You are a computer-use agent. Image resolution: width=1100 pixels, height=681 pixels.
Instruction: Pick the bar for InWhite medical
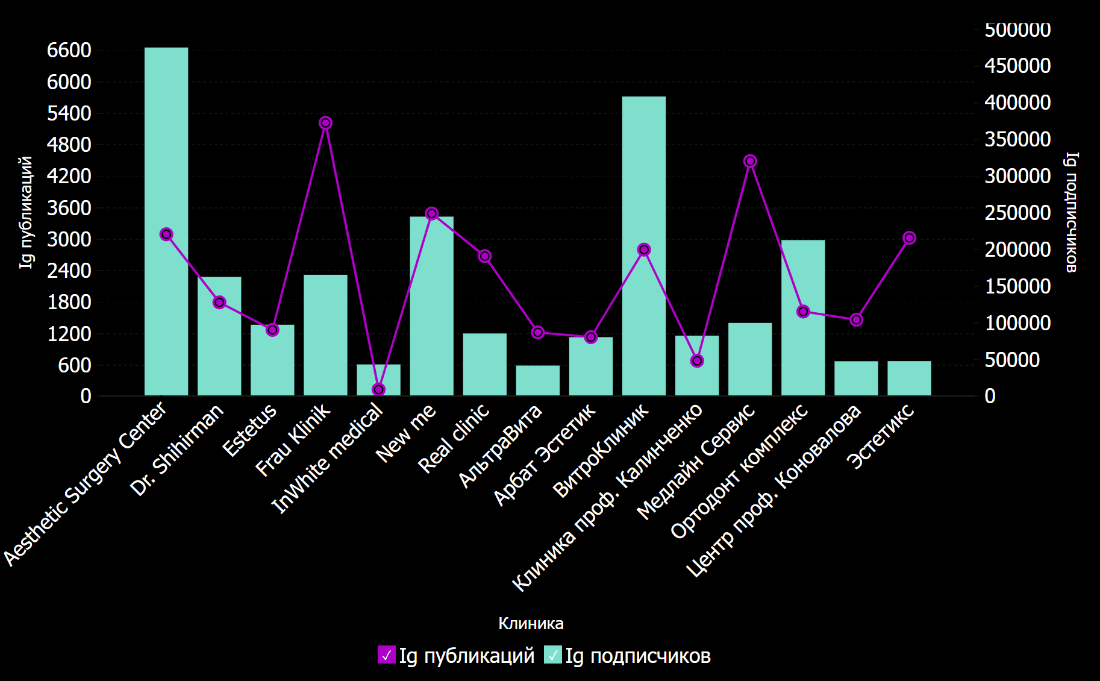(x=378, y=380)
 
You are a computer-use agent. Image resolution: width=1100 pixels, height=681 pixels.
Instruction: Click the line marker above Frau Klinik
(x=325, y=123)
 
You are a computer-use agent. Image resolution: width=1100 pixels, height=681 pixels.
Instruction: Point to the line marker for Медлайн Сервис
(x=750, y=161)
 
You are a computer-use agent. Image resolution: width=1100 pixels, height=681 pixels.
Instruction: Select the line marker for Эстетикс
(x=909, y=238)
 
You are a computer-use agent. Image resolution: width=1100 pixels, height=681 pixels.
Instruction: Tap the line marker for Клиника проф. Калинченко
(x=697, y=361)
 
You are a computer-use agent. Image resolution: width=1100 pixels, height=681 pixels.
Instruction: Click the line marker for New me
(x=431, y=213)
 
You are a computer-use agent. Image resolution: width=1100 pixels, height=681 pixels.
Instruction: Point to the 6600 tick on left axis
(x=69, y=50)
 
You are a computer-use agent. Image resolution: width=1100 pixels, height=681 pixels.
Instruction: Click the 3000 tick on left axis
(x=69, y=239)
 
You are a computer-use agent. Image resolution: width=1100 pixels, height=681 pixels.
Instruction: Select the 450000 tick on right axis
(x=1017, y=66)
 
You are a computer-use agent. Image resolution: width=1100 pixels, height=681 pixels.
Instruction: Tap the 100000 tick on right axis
(x=1017, y=323)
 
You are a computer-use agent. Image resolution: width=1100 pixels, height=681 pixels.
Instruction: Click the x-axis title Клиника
(x=531, y=623)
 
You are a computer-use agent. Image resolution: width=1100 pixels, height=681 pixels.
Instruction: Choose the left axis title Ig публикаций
(x=25, y=212)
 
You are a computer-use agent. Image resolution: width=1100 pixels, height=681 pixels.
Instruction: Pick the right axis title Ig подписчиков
(x=1071, y=212)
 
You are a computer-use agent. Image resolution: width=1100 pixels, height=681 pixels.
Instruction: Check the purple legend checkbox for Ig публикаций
(x=387, y=655)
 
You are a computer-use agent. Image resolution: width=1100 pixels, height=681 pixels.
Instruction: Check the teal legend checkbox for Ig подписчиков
(x=552, y=655)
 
